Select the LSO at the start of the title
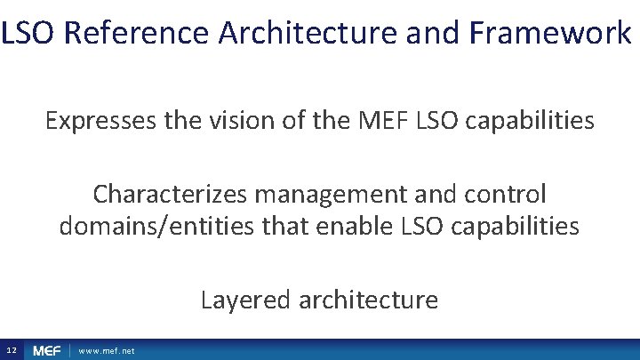pos(29,34)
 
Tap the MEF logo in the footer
pos(47,351)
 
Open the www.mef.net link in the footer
pos(107,351)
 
